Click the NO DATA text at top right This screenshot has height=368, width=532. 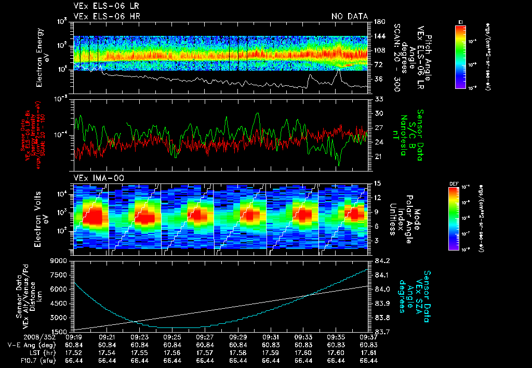(x=350, y=17)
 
